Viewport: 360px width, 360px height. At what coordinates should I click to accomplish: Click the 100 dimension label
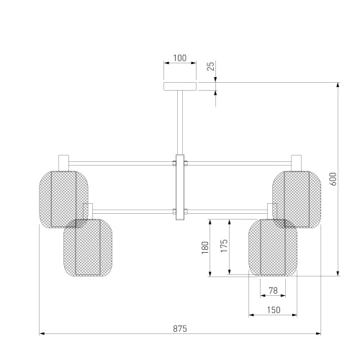(180, 58)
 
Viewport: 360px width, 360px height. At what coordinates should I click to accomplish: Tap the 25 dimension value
(210, 66)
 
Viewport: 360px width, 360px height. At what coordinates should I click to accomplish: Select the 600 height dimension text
(333, 179)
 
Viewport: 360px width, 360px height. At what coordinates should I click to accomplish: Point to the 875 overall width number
(180, 328)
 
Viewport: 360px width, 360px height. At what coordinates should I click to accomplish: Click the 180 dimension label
(205, 248)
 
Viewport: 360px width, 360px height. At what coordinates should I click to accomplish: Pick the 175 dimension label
(224, 246)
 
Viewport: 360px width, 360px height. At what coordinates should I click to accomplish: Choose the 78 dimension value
(273, 291)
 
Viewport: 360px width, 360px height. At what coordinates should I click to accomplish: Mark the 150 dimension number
(274, 310)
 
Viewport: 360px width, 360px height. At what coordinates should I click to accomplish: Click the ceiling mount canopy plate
(180, 86)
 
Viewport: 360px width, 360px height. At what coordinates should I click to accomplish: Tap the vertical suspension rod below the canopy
(180, 122)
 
